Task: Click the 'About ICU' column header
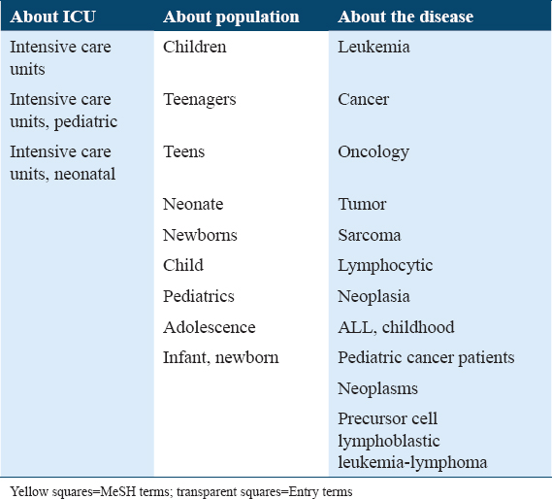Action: coord(52,17)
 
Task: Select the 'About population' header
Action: coord(231,17)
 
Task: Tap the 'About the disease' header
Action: coord(406,17)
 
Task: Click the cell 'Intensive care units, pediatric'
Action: coord(63,111)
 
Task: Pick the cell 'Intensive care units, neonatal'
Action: coord(63,163)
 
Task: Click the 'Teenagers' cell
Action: coord(199,100)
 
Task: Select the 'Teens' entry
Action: coord(183,151)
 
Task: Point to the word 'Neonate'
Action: coord(193,204)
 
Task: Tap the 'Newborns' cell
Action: coord(200,235)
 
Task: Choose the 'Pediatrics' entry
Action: coord(199,296)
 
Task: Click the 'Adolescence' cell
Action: coord(210,327)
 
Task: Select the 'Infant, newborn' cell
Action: coord(221,357)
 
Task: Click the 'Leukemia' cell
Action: coord(373,47)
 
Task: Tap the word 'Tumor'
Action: coord(362,204)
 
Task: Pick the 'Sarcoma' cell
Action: coord(370,235)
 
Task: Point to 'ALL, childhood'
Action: coord(396,327)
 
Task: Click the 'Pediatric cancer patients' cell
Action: coord(426,357)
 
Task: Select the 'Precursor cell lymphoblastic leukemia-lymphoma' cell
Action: coord(412,441)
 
